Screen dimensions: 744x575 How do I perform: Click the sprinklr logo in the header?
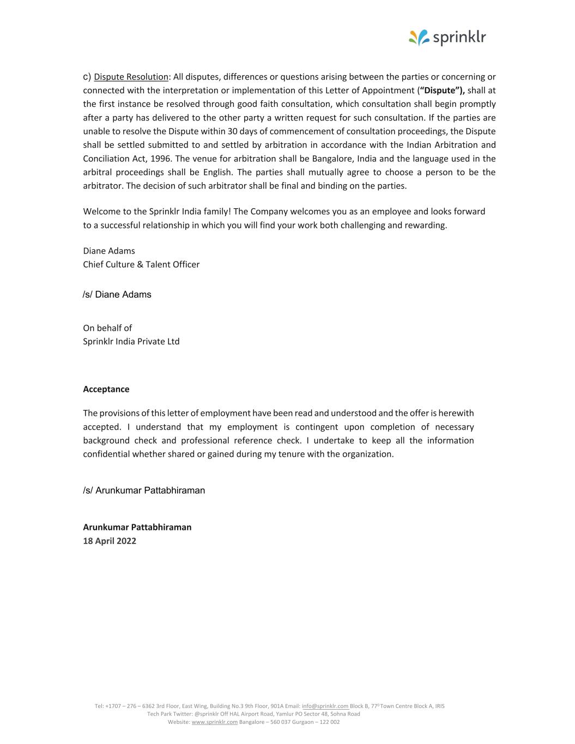(x=447, y=37)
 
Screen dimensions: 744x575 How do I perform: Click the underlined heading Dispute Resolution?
(x=131, y=77)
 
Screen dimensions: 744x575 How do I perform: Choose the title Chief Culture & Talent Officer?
(x=141, y=264)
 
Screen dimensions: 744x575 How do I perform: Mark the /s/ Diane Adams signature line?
(x=117, y=294)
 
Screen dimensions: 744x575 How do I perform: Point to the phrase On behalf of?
(x=107, y=328)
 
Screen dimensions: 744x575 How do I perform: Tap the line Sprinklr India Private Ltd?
(x=131, y=342)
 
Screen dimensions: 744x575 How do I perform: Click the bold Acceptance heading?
(x=106, y=389)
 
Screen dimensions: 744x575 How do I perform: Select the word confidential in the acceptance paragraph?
(x=106, y=454)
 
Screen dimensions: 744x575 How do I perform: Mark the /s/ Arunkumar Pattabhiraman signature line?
(x=144, y=491)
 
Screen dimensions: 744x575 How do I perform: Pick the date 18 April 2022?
(x=110, y=541)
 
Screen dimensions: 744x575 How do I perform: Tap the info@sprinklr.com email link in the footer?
(x=325, y=706)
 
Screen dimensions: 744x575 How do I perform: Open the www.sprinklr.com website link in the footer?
(x=215, y=722)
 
